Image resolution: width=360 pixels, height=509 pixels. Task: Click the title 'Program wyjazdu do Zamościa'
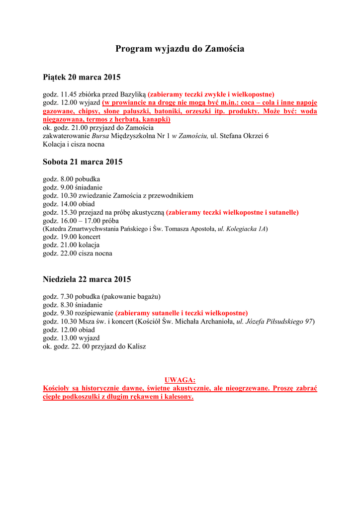click(180, 49)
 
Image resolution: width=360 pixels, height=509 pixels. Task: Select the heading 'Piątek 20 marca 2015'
click(82, 78)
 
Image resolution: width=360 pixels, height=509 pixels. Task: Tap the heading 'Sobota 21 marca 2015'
click(83, 162)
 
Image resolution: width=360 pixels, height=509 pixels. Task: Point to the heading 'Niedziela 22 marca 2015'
click(87, 279)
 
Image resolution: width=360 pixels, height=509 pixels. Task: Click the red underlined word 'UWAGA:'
click(180, 380)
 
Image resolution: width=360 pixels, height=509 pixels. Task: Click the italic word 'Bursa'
click(100, 136)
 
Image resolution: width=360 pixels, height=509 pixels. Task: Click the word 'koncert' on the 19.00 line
click(90, 238)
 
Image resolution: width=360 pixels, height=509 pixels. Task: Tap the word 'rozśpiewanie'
click(94, 313)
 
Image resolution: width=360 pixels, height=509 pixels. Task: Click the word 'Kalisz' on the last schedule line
click(136, 346)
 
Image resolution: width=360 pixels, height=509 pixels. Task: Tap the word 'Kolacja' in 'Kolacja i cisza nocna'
click(54, 145)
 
